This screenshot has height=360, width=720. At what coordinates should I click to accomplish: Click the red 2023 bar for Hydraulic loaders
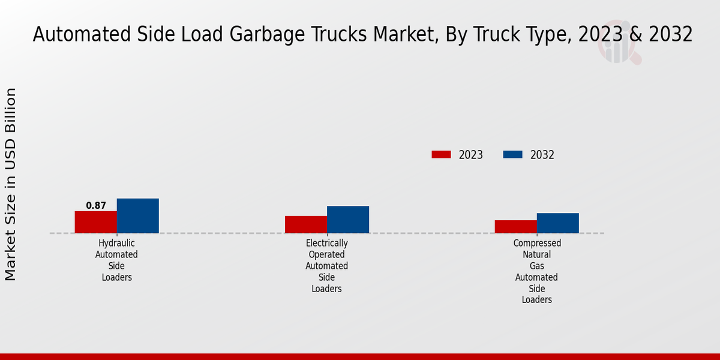pos(95,222)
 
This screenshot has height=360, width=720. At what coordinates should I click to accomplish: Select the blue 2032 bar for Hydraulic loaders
pos(137,215)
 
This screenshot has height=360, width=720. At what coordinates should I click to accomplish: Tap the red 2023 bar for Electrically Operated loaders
pos(306,224)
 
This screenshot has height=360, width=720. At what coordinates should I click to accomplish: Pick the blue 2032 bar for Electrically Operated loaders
pos(348,220)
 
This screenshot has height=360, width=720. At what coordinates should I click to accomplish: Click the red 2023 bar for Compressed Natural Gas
pos(516,226)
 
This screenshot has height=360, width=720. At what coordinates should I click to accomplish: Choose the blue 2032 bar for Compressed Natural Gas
pos(558,223)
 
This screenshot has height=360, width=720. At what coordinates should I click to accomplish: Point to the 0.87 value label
pos(96,206)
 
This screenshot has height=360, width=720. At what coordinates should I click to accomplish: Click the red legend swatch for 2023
pos(441,155)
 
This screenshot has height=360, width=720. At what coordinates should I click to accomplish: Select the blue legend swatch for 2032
pos(512,155)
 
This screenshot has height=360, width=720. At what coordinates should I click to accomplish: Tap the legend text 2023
pos(471,155)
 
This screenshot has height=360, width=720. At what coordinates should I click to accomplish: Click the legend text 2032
pos(542,155)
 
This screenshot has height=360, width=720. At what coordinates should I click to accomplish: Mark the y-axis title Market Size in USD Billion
pos(11,184)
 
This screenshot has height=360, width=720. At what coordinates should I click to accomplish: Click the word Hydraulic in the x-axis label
pos(116,243)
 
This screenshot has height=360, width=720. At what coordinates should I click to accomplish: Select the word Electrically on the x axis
pos(326,243)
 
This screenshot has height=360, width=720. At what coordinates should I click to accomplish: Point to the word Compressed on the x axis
pos(537,243)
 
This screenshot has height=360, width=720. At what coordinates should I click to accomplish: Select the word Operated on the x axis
pos(326,254)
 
